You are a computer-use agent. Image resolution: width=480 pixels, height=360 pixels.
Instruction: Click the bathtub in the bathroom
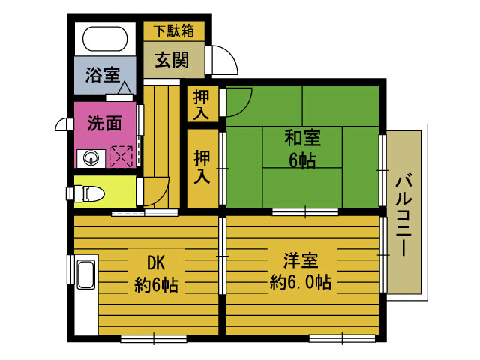(x=105, y=39)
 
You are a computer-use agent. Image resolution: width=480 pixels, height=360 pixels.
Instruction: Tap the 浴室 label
(x=103, y=74)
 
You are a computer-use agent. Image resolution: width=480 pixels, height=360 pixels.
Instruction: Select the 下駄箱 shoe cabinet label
(x=174, y=31)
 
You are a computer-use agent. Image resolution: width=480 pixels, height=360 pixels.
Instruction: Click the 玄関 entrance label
(x=172, y=60)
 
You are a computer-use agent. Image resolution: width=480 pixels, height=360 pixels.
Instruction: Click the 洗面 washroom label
(x=105, y=123)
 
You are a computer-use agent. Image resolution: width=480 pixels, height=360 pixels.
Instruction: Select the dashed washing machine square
(x=121, y=157)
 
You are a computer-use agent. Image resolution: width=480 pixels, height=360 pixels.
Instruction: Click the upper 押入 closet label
(x=201, y=105)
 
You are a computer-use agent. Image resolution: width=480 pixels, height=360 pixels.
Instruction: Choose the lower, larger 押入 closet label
(x=202, y=167)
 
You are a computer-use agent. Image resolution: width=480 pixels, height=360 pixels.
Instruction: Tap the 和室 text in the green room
(x=303, y=138)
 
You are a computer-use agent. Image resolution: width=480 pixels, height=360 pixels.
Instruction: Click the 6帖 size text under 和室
(x=302, y=160)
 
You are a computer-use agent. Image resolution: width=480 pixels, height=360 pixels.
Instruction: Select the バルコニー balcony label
(x=404, y=215)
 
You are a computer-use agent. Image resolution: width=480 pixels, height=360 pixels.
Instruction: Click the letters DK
(x=157, y=262)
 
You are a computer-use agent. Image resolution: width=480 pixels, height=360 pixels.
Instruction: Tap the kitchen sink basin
(x=85, y=274)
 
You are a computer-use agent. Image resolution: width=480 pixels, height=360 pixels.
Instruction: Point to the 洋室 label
(x=301, y=260)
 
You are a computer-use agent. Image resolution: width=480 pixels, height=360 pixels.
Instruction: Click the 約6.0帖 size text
(x=301, y=282)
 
